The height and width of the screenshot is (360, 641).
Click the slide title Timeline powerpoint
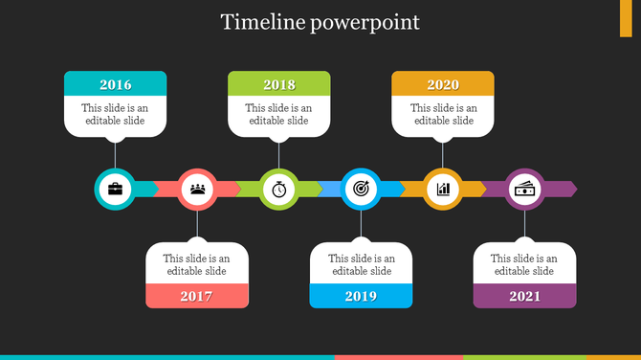[x=320, y=22]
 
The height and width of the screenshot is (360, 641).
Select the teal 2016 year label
[x=115, y=84]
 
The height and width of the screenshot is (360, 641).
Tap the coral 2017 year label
[x=197, y=296]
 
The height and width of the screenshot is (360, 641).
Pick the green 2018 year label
[x=279, y=84]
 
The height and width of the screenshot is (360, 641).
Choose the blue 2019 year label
[x=361, y=296]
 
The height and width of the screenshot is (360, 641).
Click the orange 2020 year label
[x=443, y=84]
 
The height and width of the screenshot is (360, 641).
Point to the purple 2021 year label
[x=524, y=296]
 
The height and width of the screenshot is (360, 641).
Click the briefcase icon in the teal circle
[x=115, y=189]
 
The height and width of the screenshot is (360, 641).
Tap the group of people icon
[x=197, y=189]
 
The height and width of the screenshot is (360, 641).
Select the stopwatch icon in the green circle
[x=279, y=189]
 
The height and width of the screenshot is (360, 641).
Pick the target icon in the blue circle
[x=361, y=189]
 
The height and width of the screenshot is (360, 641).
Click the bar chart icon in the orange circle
[x=443, y=189]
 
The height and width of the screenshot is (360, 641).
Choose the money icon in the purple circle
[x=524, y=189]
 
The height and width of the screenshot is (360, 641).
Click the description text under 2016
[x=115, y=115]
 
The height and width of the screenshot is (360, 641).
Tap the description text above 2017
[x=197, y=264]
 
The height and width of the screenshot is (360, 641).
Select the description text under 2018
[x=279, y=115]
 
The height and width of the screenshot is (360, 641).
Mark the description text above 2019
[x=361, y=264]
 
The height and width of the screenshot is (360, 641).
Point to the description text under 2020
[x=443, y=115]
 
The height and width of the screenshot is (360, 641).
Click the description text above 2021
[x=524, y=264]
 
